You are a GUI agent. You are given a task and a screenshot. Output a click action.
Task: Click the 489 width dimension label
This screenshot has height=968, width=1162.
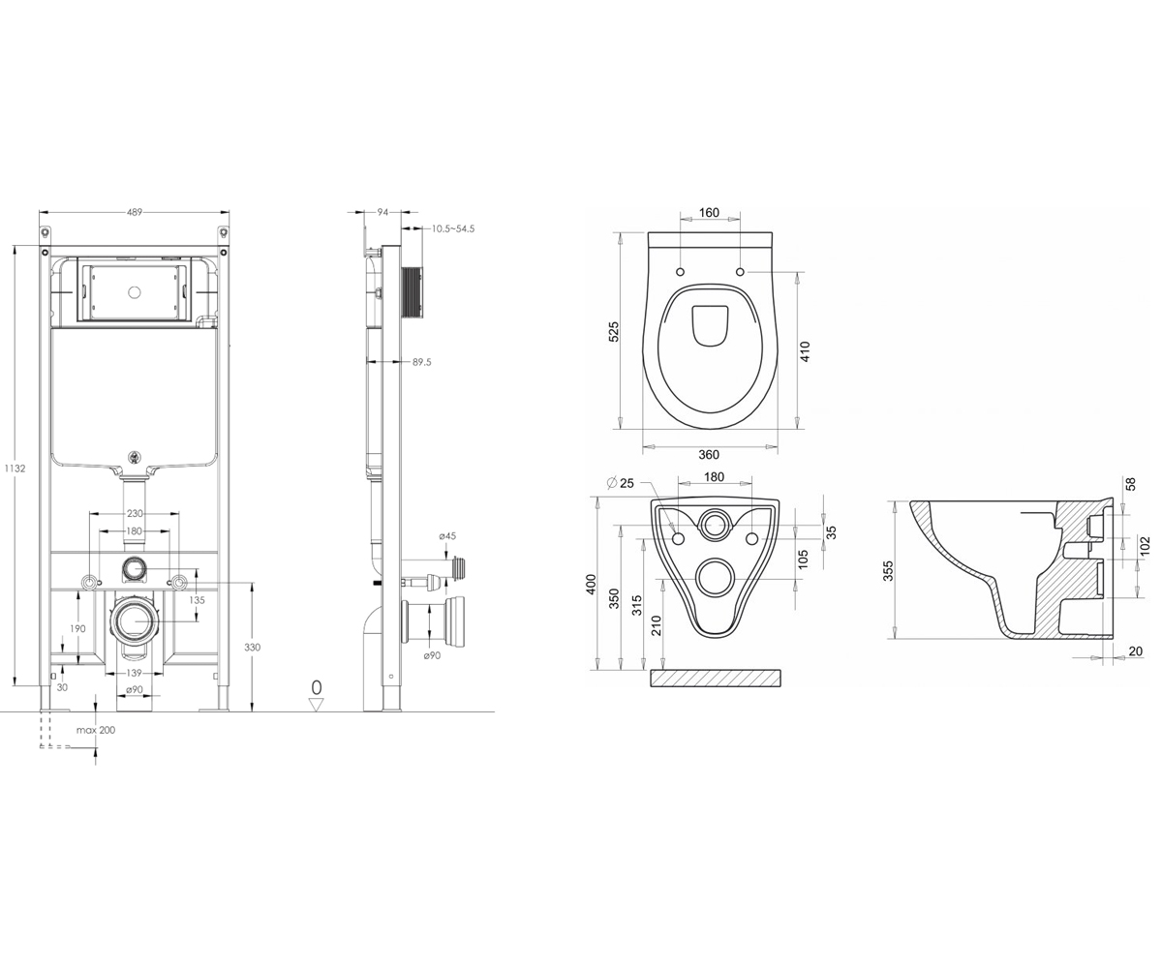pyautogui.click(x=135, y=212)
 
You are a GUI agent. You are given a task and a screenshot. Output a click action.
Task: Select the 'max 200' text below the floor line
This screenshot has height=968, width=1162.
pyautogui.click(x=96, y=731)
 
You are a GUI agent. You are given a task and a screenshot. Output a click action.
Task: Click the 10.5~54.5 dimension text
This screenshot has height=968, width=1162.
pyautogui.click(x=453, y=228)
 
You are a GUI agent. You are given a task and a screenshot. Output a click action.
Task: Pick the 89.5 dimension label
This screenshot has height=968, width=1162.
pyautogui.click(x=422, y=362)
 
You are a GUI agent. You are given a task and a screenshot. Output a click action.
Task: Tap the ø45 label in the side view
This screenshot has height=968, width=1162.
pyautogui.click(x=447, y=536)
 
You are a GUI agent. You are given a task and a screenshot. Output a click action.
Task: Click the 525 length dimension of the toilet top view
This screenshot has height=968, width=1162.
pyautogui.click(x=614, y=332)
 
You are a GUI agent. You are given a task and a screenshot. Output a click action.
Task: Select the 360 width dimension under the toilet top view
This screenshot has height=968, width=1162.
pyautogui.click(x=709, y=455)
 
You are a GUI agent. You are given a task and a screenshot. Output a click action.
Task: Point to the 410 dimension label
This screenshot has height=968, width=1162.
pyautogui.click(x=806, y=351)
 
